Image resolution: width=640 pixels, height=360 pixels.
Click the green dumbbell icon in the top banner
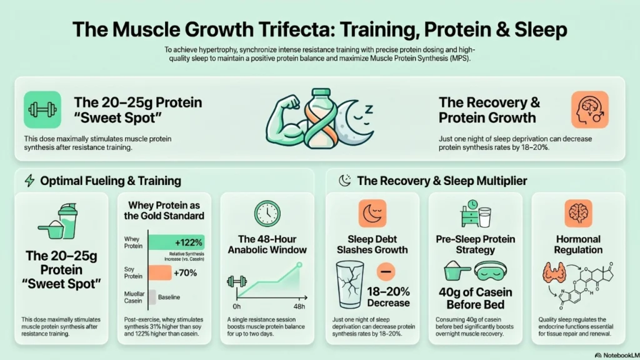point(42,110)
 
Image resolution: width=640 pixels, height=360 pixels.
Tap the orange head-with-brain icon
point(590,110)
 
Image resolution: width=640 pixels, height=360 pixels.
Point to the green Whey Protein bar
point(176,242)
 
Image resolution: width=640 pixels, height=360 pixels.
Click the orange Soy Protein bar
point(160,272)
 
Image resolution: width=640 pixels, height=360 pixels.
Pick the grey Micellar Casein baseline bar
point(152,297)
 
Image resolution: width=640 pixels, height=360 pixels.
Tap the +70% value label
point(185,272)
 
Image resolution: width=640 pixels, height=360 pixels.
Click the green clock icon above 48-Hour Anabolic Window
point(267,214)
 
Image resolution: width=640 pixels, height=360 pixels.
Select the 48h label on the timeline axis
point(299,306)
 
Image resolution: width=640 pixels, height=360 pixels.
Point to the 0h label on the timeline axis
point(237,306)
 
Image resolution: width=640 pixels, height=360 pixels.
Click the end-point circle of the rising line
point(299,265)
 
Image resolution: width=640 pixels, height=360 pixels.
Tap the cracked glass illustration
point(349,285)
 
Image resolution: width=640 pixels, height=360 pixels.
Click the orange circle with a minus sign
point(386,271)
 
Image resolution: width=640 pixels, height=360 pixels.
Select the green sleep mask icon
point(491,271)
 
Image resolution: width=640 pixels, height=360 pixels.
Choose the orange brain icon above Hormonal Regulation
point(578,214)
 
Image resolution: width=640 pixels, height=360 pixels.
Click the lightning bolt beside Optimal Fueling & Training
point(29,181)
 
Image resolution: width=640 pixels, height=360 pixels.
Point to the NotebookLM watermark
point(617,355)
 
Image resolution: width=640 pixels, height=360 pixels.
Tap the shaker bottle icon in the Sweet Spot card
point(67,221)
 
